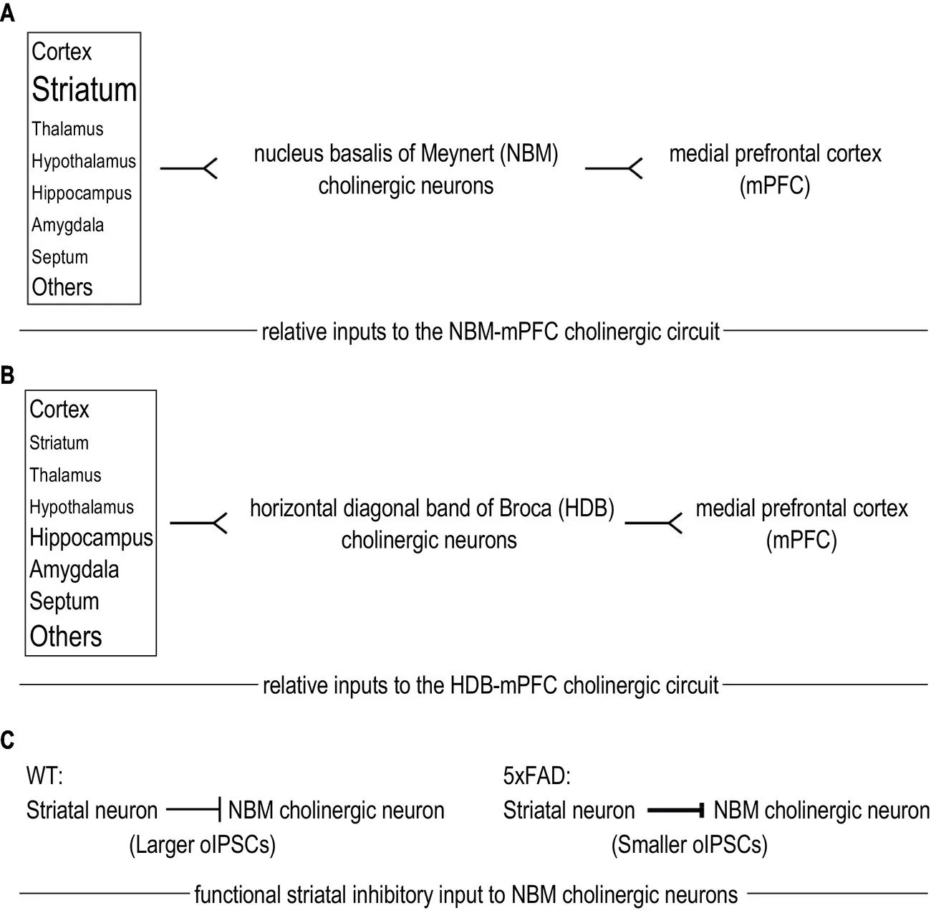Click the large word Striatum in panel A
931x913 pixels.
[84, 90]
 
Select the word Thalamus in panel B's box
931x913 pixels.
[65, 475]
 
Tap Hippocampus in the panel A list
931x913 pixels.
[81, 193]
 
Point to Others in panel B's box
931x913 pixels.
[66, 636]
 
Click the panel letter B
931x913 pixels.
[7, 375]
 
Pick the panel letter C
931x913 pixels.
[7, 740]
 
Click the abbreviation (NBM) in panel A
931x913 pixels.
[529, 154]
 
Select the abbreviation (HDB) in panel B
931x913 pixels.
[586, 508]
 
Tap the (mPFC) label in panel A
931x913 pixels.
[774, 185]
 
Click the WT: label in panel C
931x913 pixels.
[44, 776]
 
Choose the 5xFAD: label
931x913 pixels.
[537, 776]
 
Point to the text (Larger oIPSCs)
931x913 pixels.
[203, 845]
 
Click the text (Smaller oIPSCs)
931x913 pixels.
[690, 845]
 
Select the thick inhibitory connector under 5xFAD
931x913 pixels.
[676, 810]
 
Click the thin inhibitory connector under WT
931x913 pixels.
[194, 810]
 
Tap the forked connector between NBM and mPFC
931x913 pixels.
[614, 168]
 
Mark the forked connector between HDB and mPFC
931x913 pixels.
[653, 523]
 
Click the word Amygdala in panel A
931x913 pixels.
[67, 226]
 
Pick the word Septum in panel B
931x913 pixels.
[64, 602]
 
